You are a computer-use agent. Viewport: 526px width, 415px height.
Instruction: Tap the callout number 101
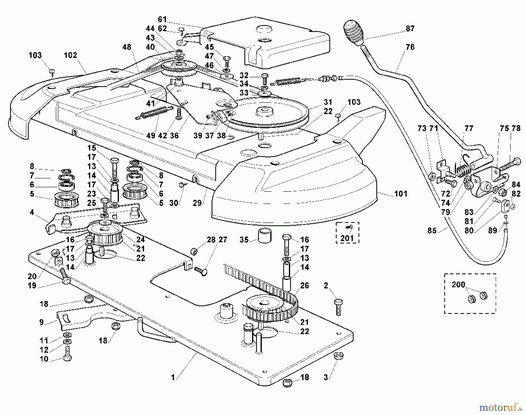click(x=401, y=194)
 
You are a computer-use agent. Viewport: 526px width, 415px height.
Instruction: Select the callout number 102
click(x=70, y=55)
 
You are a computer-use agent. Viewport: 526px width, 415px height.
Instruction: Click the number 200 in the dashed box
click(x=458, y=285)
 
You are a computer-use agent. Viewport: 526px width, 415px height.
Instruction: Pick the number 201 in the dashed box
click(x=347, y=238)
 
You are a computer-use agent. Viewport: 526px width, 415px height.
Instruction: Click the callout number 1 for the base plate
click(x=173, y=378)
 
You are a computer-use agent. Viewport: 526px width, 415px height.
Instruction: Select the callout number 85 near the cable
click(x=432, y=231)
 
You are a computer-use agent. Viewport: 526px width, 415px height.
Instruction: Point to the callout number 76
click(x=410, y=47)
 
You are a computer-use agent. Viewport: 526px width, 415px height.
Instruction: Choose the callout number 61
click(x=162, y=20)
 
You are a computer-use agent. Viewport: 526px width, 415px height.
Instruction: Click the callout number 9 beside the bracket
click(x=41, y=322)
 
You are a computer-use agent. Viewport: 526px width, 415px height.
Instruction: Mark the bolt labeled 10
click(x=67, y=354)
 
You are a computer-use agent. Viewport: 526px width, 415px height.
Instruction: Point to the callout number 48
click(x=127, y=47)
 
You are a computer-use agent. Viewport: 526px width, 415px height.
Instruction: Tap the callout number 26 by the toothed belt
click(x=304, y=285)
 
